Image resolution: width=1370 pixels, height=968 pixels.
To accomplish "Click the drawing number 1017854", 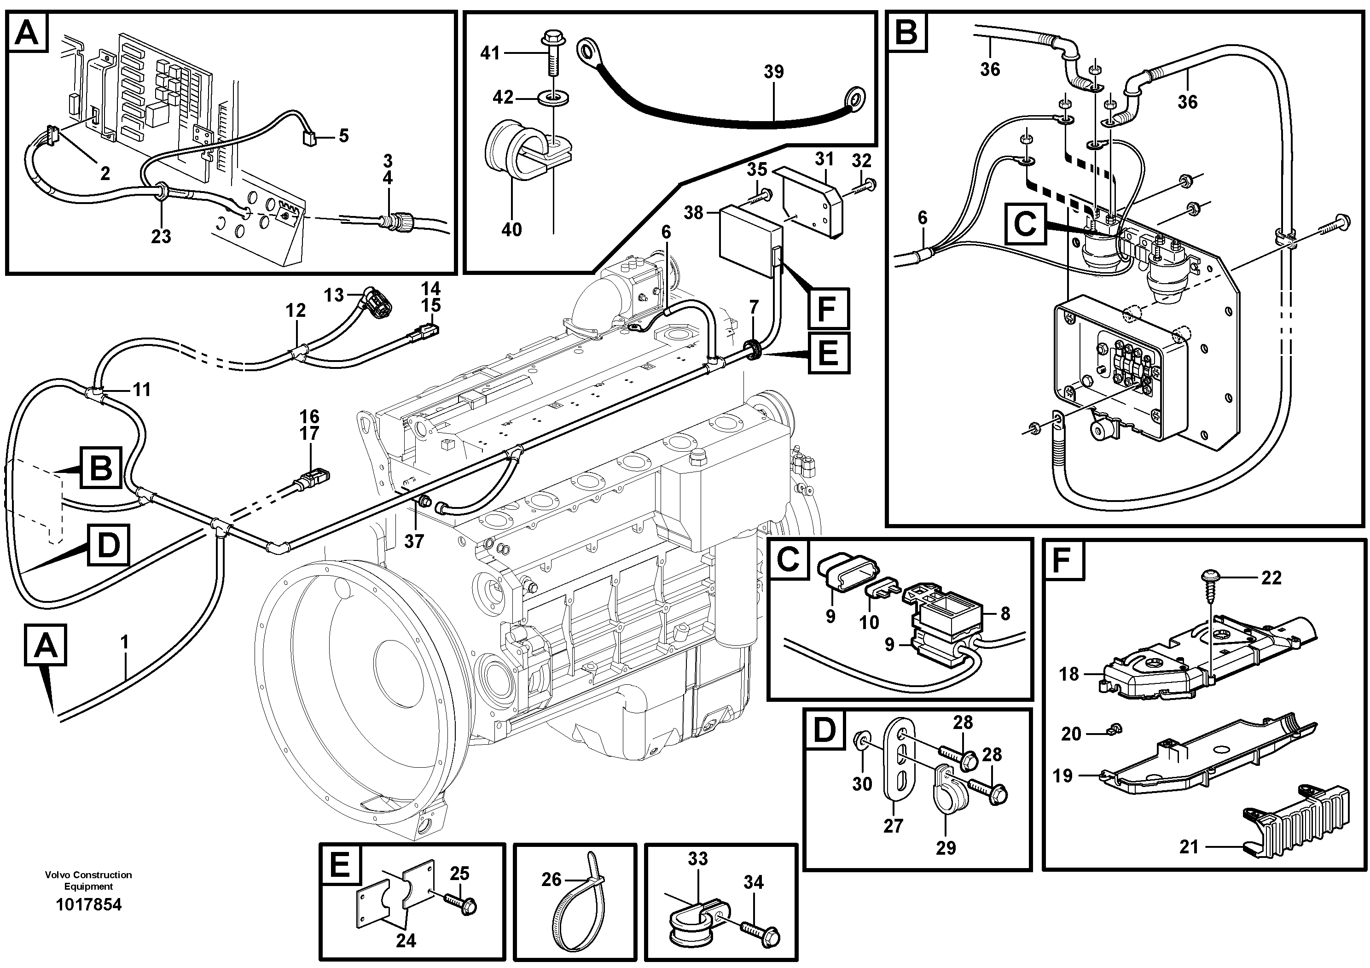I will click(x=88, y=905).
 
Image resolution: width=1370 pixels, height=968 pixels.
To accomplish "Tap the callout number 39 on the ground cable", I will click(x=773, y=72).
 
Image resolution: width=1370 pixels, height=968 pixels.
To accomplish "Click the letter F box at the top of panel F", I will click(x=1064, y=561).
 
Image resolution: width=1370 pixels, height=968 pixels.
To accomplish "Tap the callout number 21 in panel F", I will click(x=1189, y=847).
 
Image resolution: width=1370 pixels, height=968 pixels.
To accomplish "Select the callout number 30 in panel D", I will click(x=862, y=784).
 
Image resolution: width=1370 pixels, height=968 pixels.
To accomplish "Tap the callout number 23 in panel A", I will click(x=161, y=236).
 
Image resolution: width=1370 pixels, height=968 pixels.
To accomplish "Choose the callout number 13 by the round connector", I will click(x=334, y=295).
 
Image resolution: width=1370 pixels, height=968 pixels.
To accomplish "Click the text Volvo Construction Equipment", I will click(x=88, y=880).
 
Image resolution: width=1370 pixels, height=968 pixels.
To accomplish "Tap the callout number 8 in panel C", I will click(x=1005, y=613).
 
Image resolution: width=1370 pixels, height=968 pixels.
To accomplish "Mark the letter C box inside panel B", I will click(x=1025, y=224).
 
